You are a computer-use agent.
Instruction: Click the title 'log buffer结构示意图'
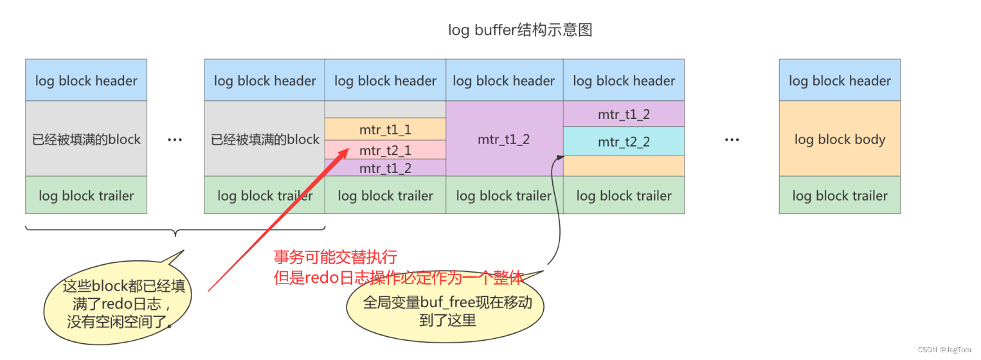pyautogui.click(x=519, y=30)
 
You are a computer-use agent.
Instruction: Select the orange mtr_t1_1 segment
pyautogui.click(x=385, y=130)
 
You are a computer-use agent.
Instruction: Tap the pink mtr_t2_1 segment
pyautogui.click(x=385, y=150)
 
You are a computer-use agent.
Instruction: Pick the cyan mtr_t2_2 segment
pyautogui.click(x=624, y=141)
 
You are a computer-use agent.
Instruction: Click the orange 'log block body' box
pyautogui.click(x=840, y=139)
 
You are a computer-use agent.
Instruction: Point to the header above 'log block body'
pyautogui.click(x=840, y=80)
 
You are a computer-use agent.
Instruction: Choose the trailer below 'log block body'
pyautogui.click(x=840, y=195)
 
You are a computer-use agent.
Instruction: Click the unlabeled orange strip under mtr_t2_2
pyautogui.click(x=624, y=166)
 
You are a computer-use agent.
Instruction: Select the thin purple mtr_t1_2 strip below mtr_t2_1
pyautogui.click(x=385, y=168)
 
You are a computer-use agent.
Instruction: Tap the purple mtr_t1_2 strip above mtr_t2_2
pyautogui.click(x=624, y=114)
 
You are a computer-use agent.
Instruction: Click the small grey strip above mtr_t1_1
pyautogui.click(x=385, y=109)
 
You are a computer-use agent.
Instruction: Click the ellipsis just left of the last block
pyautogui.click(x=732, y=139)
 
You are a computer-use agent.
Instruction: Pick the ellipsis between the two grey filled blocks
pyautogui.click(x=175, y=139)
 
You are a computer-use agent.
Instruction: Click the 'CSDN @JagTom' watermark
pyautogui.click(x=944, y=349)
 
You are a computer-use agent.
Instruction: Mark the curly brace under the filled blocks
pyautogui.click(x=175, y=230)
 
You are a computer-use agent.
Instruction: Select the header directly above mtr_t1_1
pyautogui.click(x=385, y=80)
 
